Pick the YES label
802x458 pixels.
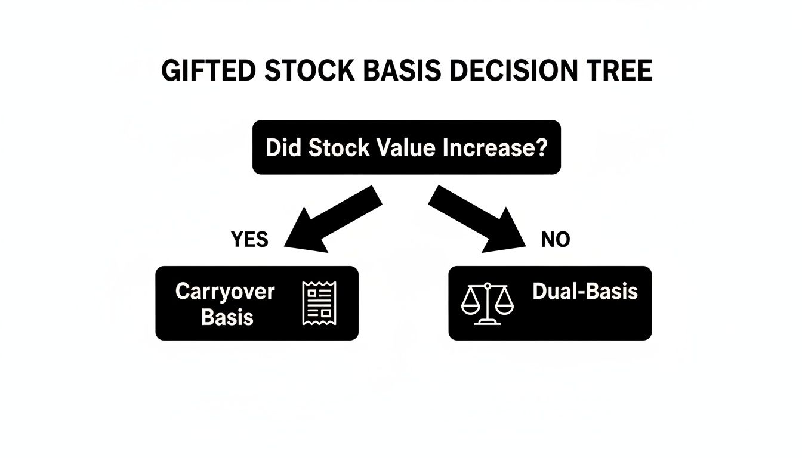(249, 240)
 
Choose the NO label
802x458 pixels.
(556, 240)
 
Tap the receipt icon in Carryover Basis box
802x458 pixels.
(320, 304)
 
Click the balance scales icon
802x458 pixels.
(488, 304)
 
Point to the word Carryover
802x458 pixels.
(225, 292)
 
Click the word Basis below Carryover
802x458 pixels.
(227, 317)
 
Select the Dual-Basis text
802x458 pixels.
(585, 292)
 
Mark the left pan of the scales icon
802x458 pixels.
(470, 307)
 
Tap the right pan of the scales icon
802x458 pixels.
(505, 307)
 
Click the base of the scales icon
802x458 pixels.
(488, 322)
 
